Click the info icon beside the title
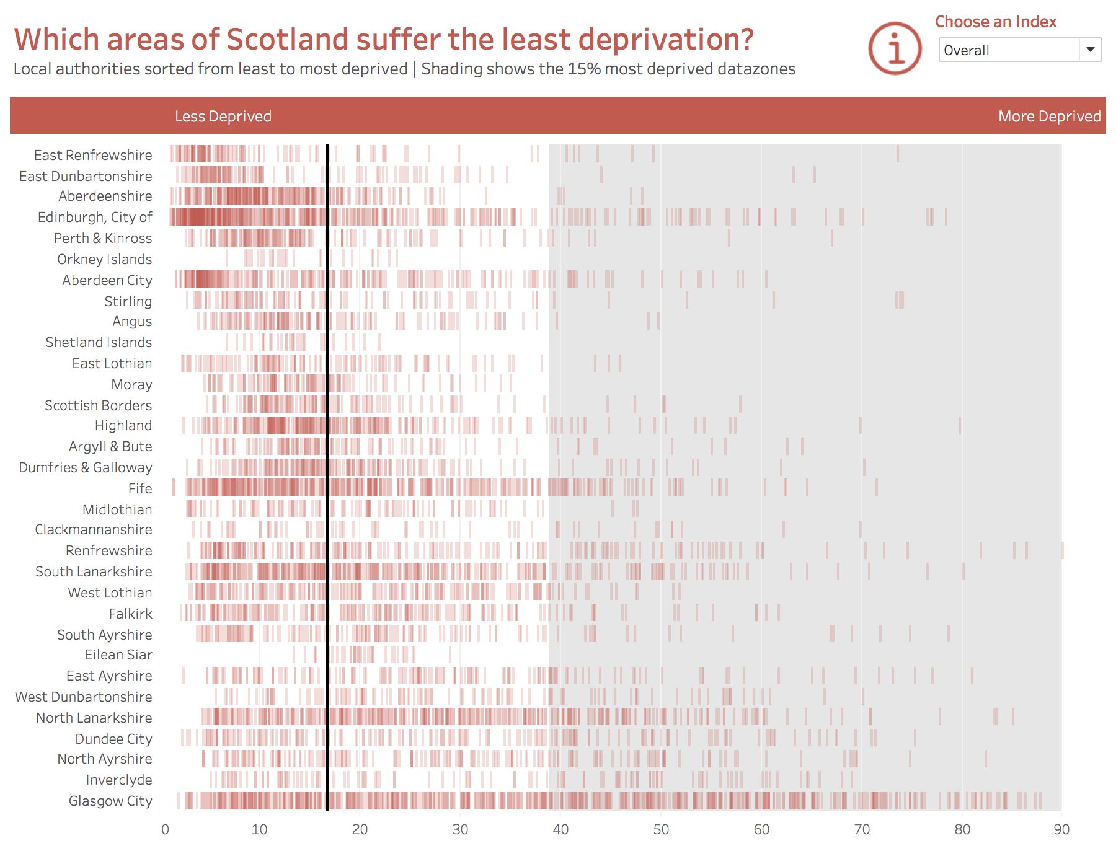[895, 48]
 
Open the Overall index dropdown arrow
[1090, 50]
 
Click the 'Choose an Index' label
[995, 22]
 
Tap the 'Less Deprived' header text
[223, 117]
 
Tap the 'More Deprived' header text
[1049, 117]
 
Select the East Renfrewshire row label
[93, 155]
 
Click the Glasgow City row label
[110, 801]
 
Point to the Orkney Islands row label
[104, 259]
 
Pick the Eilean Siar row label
[118, 655]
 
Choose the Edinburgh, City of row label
[95, 217]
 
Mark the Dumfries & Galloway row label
[86, 467]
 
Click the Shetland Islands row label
[99, 342]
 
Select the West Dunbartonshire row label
[84, 697]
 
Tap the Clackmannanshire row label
[94, 529]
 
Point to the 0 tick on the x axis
[165, 829]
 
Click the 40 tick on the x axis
[560, 829]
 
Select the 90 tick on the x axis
[1061, 829]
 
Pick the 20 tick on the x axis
[360, 829]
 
